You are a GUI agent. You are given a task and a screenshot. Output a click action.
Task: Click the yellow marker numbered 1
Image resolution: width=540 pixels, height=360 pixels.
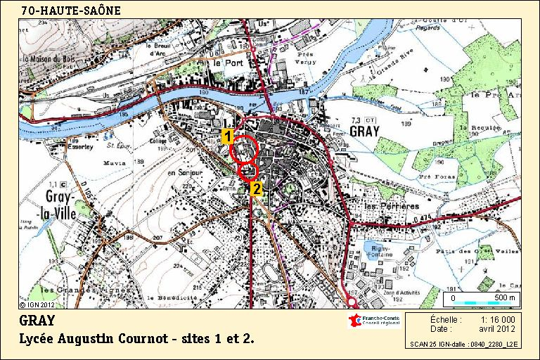tap(228, 136)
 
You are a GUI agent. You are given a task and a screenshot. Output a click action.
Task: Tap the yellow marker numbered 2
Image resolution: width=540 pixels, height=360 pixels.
tap(257, 188)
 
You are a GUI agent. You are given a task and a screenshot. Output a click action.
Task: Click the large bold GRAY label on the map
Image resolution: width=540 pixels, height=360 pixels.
tap(365, 132)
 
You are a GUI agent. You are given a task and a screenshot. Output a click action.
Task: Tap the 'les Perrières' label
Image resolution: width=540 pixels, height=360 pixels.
tap(391, 206)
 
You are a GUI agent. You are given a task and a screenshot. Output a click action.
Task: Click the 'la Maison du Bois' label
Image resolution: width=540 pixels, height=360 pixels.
tap(51, 58)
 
